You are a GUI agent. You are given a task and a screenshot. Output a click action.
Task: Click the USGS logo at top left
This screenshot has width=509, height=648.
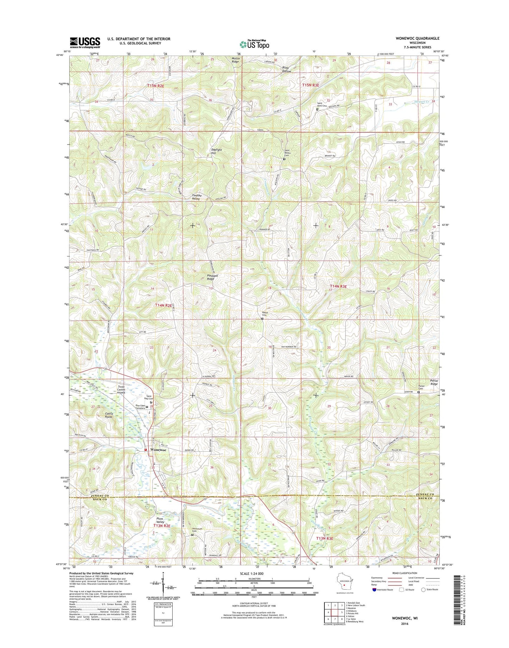(x=85, y=43)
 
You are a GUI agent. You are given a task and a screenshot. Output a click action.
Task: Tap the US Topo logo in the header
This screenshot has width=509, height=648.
(x=254, y=44)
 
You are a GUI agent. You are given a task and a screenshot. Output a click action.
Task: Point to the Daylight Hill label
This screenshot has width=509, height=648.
(x=216, y=152)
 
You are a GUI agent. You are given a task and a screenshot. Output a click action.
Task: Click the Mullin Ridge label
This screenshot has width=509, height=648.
(x=235, y=60)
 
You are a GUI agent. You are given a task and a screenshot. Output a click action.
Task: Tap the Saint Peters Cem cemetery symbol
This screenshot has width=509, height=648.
(x=284, y=159)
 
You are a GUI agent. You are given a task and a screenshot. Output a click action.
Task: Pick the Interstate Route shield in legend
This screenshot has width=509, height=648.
(x=374, y=589)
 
